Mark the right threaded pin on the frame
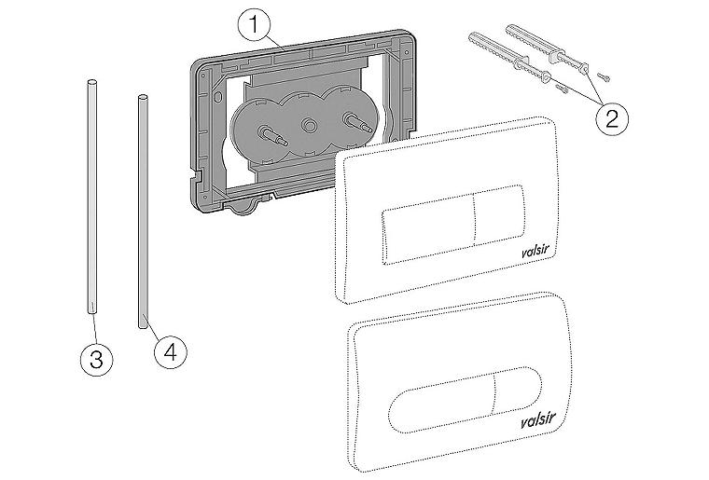coord(353,121)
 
